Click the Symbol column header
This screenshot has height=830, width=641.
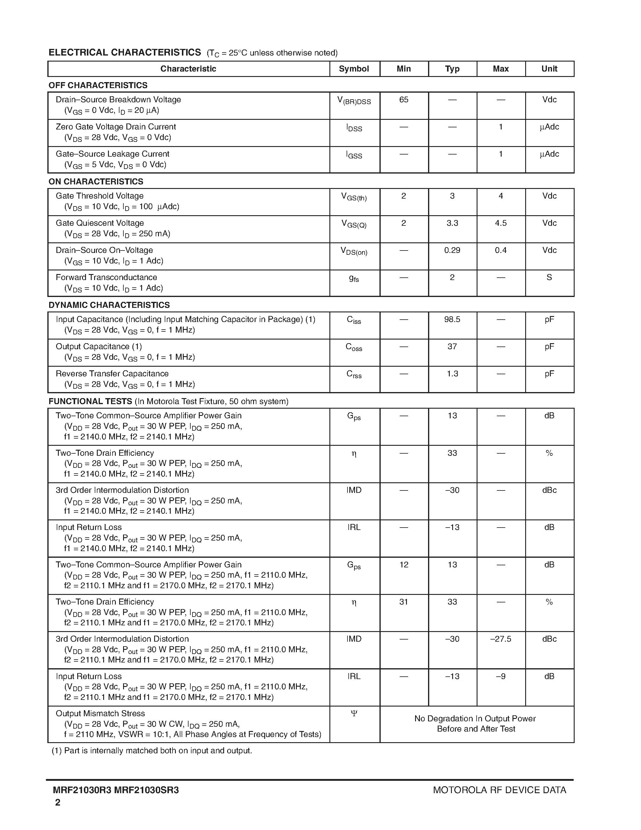click(354, 69)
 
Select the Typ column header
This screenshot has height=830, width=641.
click(452, 69)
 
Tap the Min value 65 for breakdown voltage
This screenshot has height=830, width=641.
click(404, 100)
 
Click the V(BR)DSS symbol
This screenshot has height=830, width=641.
click(354, 101)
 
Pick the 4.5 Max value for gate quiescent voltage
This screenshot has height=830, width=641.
click(500, 223)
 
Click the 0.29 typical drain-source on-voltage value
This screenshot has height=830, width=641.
click(452, 250)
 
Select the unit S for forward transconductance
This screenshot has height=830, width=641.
click(549, 277)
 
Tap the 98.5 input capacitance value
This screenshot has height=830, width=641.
click(452, 319)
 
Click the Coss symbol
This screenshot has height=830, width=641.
click(354, 347)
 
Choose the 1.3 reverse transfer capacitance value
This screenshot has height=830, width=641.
click(452, 374)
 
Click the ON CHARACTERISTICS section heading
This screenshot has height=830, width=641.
click(96, 182)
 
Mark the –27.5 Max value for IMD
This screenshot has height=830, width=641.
click(500, 639)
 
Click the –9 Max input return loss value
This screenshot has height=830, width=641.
click(500, 676)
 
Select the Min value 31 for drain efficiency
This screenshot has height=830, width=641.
click(404, 602)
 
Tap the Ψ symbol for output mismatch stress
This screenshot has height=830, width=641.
click(354, 713)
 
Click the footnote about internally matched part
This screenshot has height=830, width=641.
click(152, 751)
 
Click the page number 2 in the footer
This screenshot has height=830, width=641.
click(58, 802)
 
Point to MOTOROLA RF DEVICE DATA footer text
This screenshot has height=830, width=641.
click(499, 790)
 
